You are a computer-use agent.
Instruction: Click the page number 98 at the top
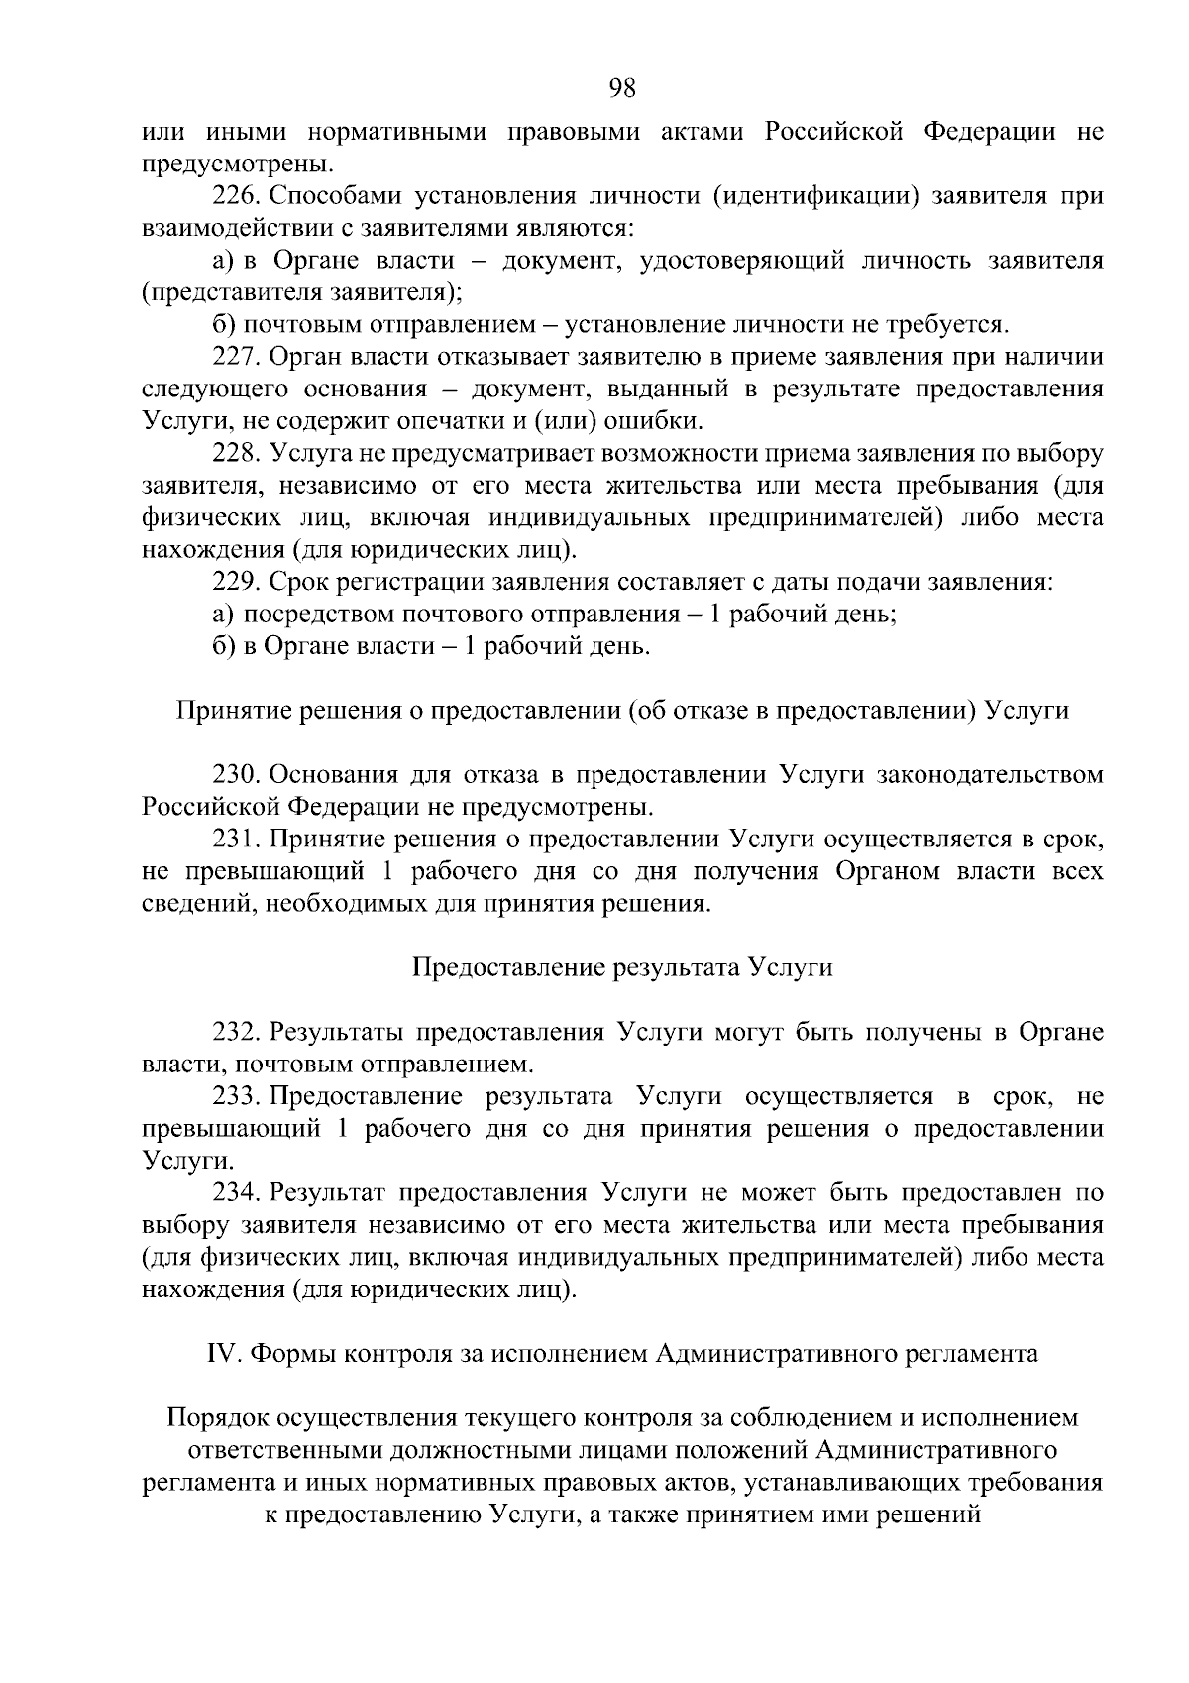622,89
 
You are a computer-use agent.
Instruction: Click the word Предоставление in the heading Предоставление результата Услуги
496,968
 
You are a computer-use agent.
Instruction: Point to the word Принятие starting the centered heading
224,711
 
